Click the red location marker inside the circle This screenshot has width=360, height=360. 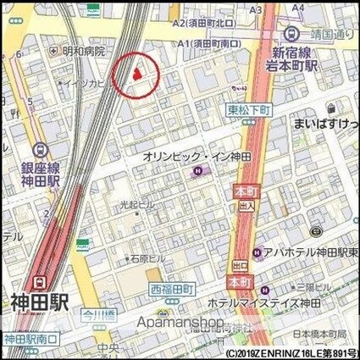tap(137, 75)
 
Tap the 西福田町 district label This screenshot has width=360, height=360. tap(173, 289)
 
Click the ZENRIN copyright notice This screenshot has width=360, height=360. tap(291, 352)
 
